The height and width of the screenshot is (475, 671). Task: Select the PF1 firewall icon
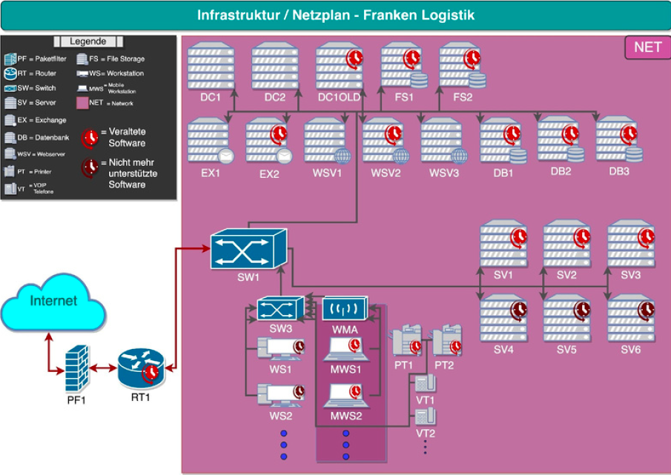77,368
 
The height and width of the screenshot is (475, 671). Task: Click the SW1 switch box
247,250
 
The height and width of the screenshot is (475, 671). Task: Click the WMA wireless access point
345,308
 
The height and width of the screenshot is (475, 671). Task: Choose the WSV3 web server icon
443,141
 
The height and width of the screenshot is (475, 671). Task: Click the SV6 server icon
630,317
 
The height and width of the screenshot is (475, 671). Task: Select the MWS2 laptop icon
346,396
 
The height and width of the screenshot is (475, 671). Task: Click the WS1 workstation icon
280,348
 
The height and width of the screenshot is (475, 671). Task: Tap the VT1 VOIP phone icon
425,384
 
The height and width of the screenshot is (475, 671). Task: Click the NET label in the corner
647,47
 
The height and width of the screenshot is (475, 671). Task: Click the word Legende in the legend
88,41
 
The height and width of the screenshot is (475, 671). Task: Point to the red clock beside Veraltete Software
90,137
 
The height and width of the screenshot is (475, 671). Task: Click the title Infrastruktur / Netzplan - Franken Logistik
335,15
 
